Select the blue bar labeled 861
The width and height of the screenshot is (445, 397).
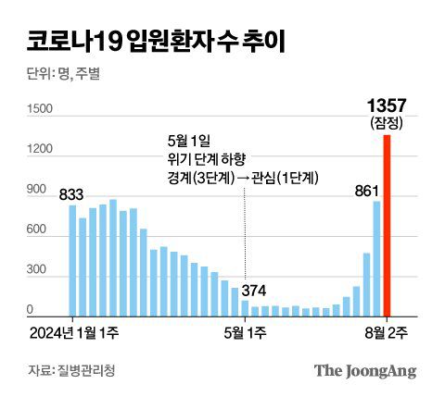tap(376, 258)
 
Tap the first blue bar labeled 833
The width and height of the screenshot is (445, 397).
tap(72, 260)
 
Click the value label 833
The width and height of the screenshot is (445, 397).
tap(71, 194)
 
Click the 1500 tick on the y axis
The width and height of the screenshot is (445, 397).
tap(41, 110)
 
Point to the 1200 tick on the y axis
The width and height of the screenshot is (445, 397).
tap(41, 151)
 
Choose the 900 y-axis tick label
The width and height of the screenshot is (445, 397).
tap(37, 191)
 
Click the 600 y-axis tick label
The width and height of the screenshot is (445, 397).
tap(37, 231)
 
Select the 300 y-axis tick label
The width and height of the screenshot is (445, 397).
tap(37, 271)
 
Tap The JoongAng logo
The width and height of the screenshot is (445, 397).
tap(364, 370)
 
